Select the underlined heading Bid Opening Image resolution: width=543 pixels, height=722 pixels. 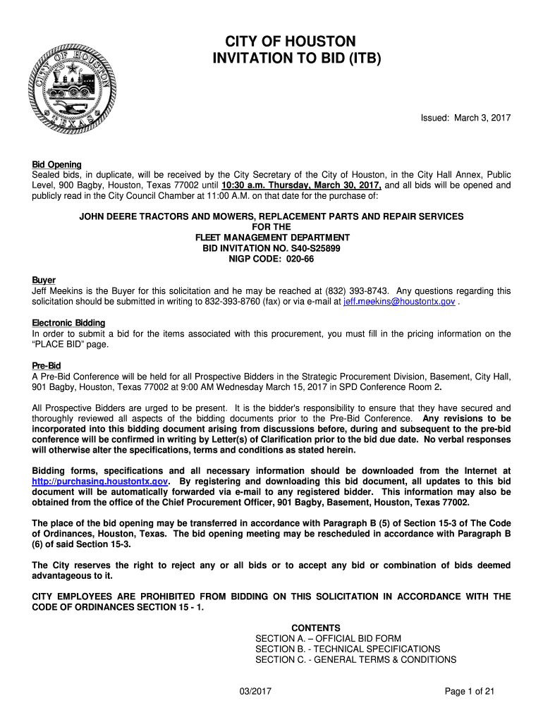[56, 164]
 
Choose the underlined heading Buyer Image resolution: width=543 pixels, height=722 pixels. [44, 280]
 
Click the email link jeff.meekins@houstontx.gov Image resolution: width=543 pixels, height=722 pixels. [399, 302]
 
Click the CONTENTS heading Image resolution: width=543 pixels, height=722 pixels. [316, 628]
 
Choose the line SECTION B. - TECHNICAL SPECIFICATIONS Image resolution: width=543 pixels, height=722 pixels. [348, 649]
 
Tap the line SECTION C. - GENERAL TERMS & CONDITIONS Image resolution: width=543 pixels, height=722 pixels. [355, 659]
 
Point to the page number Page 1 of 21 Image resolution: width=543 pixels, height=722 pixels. [470, 692]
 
